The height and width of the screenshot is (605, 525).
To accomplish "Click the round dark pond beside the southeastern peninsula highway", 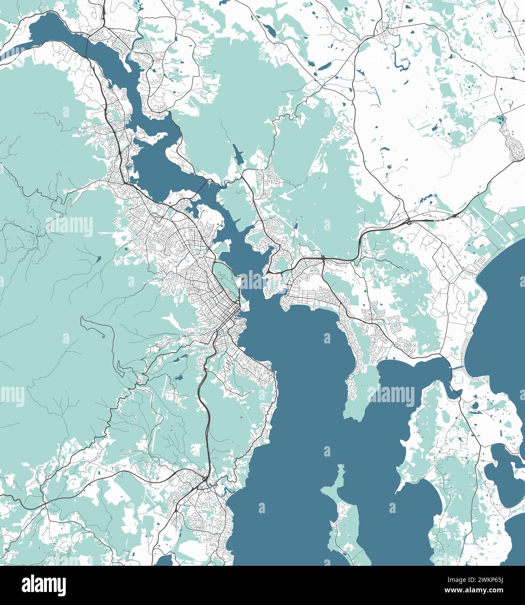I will pos(475,405).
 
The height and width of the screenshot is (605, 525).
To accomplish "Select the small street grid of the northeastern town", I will pos(386,28).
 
